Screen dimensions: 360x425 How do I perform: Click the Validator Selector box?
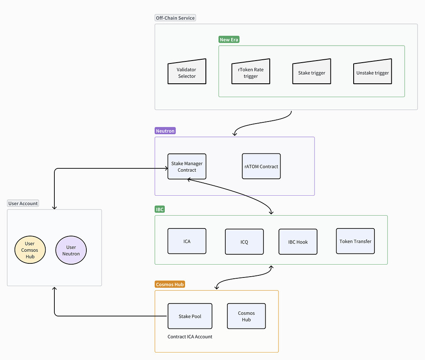(187, 73)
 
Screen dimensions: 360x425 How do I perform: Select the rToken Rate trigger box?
(251, 73)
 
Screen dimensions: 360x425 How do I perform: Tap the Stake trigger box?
(312, 73)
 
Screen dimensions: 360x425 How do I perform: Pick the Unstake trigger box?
(373, 73)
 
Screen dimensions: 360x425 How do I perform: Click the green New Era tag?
(229, 39)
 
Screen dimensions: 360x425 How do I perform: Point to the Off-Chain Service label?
(175, 18)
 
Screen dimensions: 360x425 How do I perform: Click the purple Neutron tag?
(165, 131)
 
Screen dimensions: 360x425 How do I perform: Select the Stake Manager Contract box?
(187, 166)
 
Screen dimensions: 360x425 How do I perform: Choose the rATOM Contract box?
(261, 166)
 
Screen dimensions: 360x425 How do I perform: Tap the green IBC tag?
(160, 209)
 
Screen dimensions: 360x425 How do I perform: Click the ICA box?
(187, 241)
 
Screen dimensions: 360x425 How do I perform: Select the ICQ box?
(244, 242)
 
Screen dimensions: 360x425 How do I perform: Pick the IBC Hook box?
(298, 242)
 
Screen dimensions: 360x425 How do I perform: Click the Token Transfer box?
(355, 241)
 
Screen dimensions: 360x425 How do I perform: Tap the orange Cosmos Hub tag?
(170, 284)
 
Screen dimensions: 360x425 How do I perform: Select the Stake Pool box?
(190, 316)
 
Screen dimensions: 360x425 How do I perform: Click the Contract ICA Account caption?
(190, 337)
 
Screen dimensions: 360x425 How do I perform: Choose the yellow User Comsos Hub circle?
(29, 250)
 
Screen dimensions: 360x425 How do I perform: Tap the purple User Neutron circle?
(71, 250)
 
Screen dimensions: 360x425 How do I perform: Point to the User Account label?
(23, 203)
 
